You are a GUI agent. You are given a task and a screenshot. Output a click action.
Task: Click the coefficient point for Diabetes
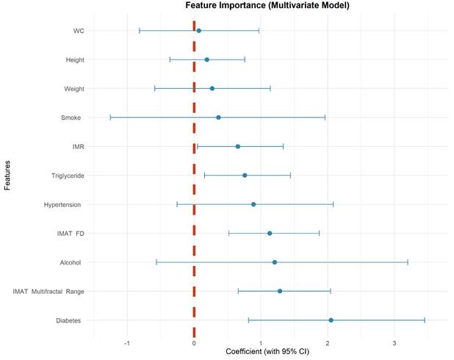[331, 320]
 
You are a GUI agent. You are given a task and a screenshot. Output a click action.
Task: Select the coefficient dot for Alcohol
[274, 262]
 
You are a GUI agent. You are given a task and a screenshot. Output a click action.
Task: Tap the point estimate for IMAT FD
[270, 233]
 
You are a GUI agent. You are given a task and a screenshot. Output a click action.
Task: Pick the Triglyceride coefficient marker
[245, 176]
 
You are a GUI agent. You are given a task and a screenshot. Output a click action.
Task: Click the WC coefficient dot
[198, 31]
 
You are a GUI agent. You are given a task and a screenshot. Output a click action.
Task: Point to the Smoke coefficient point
[218, 118]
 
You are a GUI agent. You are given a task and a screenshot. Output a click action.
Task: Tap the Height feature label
[73, 60]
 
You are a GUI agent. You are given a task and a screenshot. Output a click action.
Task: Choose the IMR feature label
[77, 146]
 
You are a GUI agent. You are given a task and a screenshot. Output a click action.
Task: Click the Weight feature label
[73, 89]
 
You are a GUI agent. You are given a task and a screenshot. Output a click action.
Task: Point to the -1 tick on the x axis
[127, 343]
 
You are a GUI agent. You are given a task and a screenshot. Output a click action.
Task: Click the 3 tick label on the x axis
[394, 343]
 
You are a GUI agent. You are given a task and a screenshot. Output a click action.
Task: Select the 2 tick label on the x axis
[328, 343]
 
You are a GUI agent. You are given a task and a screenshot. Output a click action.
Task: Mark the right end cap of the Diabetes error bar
[425, 320]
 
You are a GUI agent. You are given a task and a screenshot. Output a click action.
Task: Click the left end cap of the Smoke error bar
[110, 118]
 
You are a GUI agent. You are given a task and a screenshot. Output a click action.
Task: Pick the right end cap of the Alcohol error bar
[407, 262]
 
